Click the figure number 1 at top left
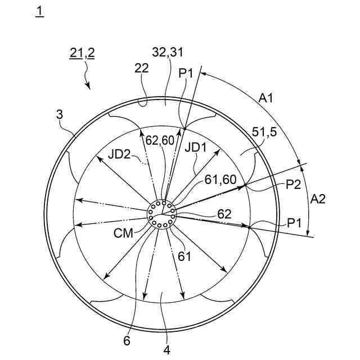point(39,12)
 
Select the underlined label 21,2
point(82,53)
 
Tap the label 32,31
point(167,52)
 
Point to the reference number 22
point(142,68)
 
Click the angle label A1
point(267,98)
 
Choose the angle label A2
point(318,198)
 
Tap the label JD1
point(196,148)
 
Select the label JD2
point(121,153)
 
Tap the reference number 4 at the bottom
point(166,349)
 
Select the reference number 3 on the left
point(60,114)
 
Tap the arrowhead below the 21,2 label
point(88,86)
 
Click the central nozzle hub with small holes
point(162,214)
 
